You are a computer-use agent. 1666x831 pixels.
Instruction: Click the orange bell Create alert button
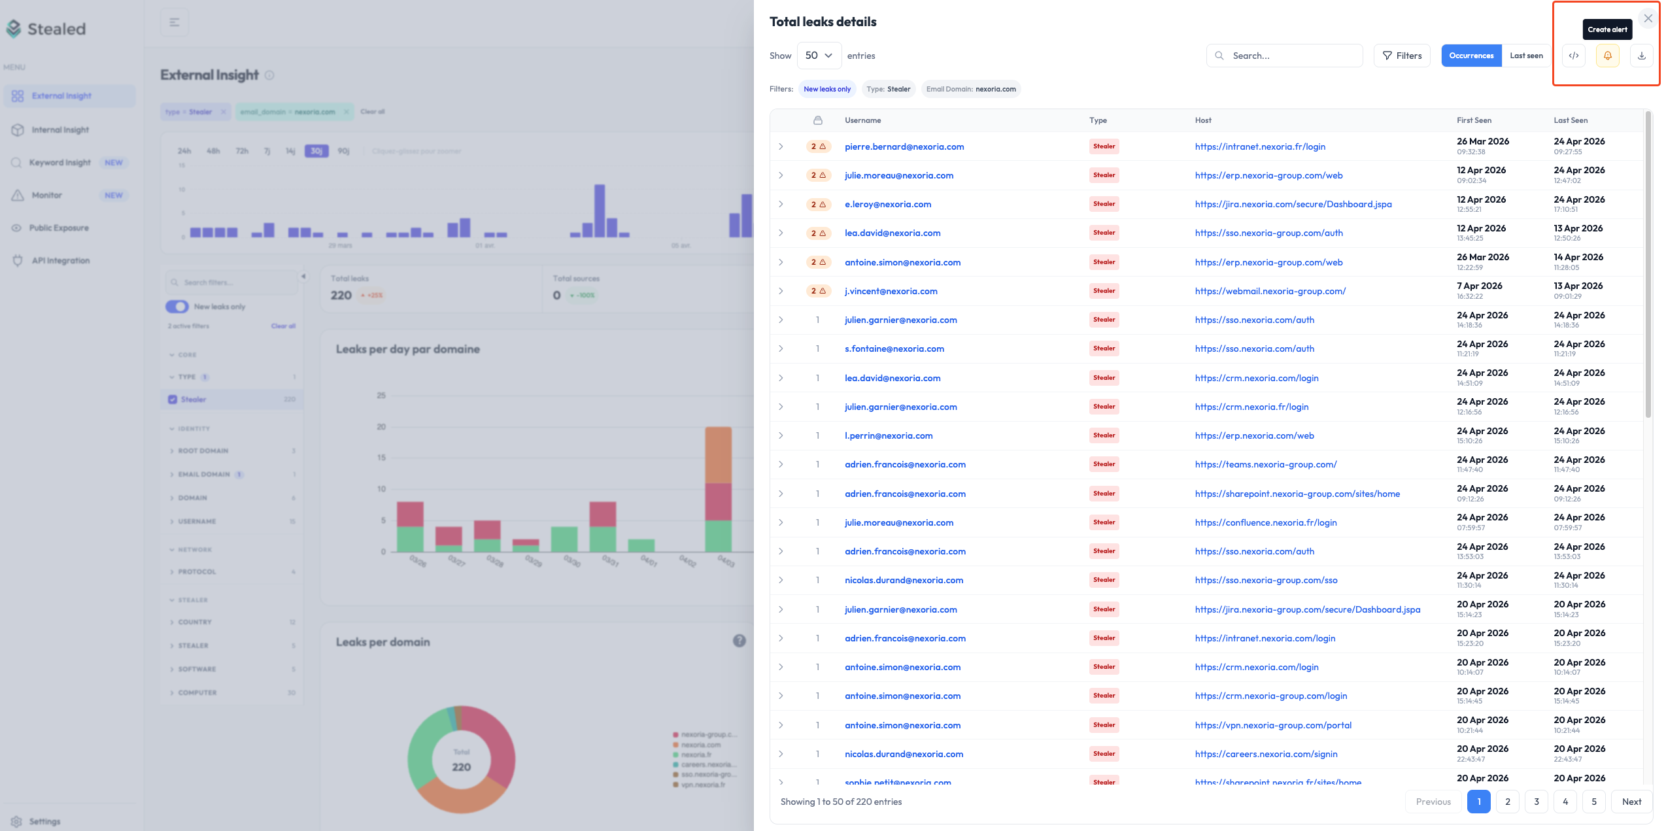point(1607,56)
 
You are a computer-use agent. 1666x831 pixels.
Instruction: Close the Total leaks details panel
point(1648,19)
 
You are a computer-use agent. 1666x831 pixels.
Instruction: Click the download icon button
point(1641,56)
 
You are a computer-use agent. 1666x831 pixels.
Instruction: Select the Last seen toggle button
point(1526,56)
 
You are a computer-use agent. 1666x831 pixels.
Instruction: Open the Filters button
point(1402,56)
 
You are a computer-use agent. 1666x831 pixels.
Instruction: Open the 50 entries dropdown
point(819,56)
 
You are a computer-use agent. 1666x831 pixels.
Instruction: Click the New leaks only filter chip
point(826,89)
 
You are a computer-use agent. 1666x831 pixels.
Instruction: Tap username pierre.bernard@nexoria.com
point(904,146)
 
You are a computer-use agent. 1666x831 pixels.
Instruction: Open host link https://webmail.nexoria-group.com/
point(1270,291)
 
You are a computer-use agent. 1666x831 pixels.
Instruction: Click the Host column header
point(1202,120)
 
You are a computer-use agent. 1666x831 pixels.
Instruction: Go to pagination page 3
point(1536,802)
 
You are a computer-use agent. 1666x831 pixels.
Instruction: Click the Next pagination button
point(1631,802)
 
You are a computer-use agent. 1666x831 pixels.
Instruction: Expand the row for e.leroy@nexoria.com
point(781,204)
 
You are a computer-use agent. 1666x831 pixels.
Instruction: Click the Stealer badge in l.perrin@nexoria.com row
point(1104,435)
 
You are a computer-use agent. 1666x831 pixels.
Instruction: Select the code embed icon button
point(1574,56)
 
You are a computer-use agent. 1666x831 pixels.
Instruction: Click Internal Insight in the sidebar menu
point(60,129)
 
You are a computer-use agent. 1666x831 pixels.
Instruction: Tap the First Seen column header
point(1473,120)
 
